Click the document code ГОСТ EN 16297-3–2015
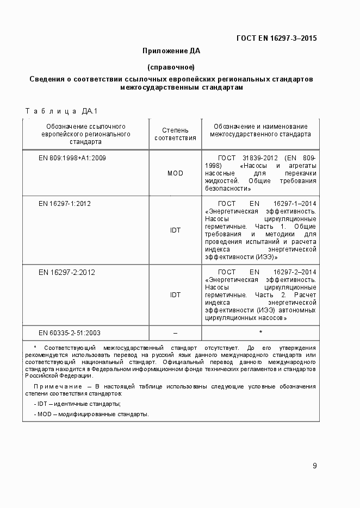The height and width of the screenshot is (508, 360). point(276,38)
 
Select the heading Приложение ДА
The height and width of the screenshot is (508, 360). point(171,51)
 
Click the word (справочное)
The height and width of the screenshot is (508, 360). point(171,67)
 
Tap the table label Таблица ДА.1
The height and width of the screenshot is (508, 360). point(61,111)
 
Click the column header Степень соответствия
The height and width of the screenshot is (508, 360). point(175,134)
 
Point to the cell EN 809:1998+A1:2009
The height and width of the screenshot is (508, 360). point(72,158)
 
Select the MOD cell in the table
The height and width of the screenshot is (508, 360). point(175,173)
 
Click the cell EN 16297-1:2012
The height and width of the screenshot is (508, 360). point(65,204)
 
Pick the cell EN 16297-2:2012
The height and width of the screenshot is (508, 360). point(66,272)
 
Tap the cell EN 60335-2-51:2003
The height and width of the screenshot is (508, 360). point(70,333)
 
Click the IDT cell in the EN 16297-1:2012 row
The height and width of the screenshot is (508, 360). point(175,230)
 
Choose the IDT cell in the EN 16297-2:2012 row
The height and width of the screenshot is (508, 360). point(175,295)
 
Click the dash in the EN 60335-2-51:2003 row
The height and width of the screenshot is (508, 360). point(175,333)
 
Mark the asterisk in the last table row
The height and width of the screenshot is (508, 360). point(260,333)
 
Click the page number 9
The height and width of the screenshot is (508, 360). point(315,466)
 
